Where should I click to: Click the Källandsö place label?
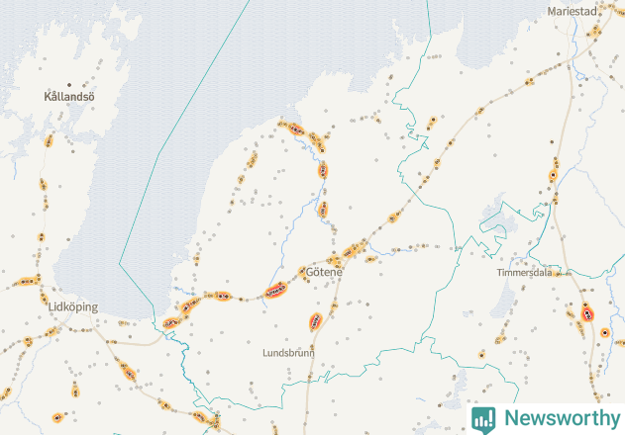[x=68, y=98]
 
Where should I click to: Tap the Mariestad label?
[x=574, y=12]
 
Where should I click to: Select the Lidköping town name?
[x=72, y=307]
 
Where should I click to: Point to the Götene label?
[x=324, y=272]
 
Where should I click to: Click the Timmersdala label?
[x=524, y=272]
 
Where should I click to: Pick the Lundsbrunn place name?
[x=287, y=352]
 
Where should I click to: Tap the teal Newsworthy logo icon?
[x=483, y=418]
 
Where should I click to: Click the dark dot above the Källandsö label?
[x=68, y=84]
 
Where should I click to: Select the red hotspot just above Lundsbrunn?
[x=316, y=321]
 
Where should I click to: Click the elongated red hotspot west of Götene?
[x=276, y=291]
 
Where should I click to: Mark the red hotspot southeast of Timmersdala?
[x=588, y=312]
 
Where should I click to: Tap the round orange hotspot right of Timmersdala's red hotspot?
[x=605, y=333]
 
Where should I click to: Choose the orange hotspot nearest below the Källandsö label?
[x=49, y=140]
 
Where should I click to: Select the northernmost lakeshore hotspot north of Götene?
[x=294, y=128]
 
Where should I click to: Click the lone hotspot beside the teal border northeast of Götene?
[x=433, y=123]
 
